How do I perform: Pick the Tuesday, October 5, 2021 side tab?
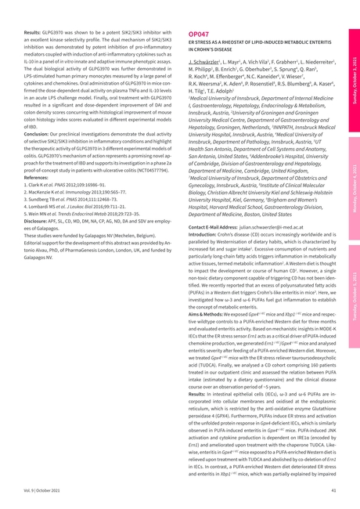(x=354, y=277)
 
